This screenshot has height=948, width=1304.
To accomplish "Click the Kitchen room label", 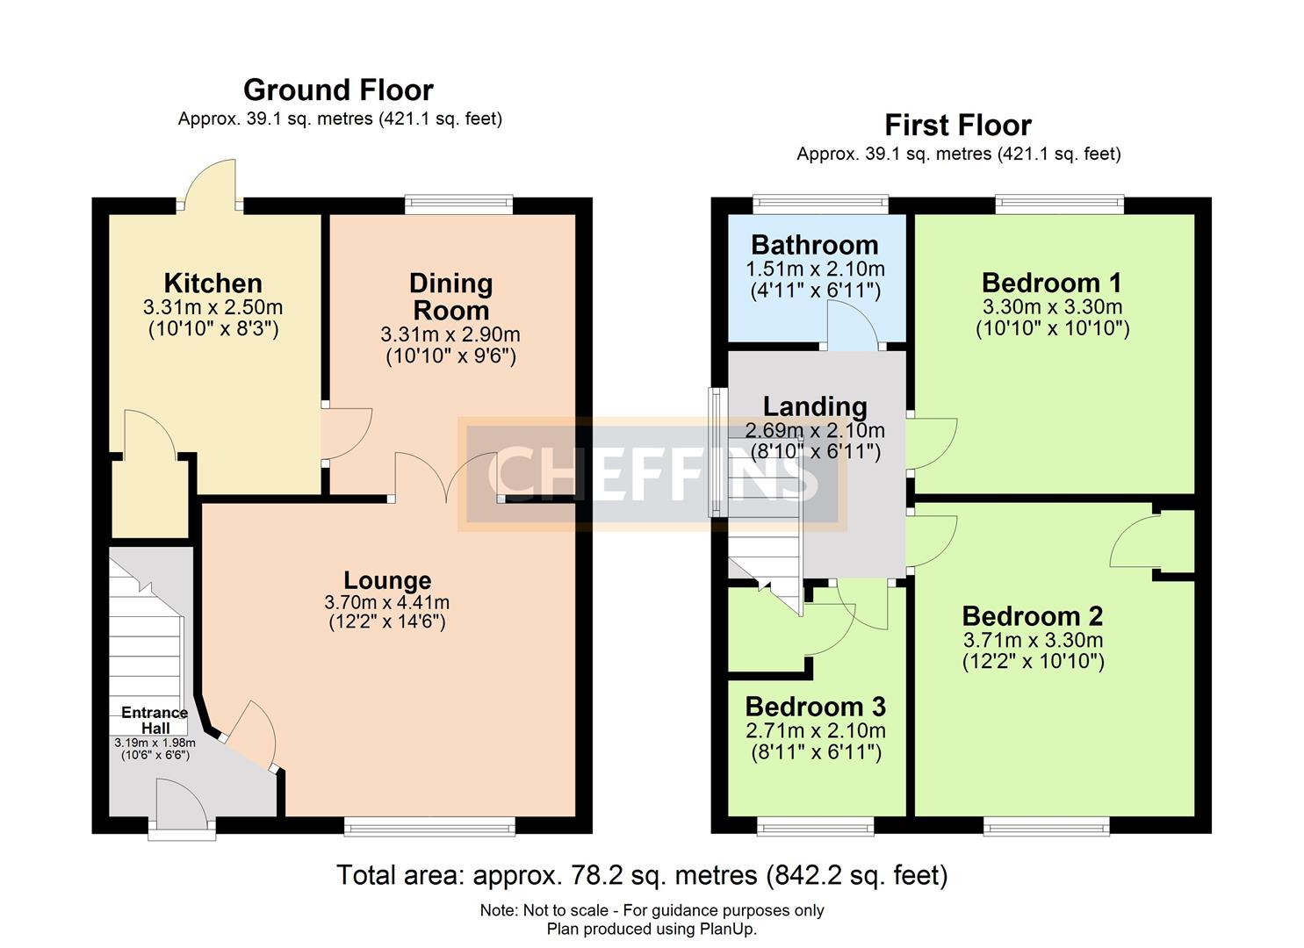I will (213, 284).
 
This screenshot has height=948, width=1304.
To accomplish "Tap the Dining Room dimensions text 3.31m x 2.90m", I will (450, 334).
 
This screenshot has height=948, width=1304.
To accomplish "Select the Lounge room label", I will (387, 580).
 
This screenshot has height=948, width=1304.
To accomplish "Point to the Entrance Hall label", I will (155, 720).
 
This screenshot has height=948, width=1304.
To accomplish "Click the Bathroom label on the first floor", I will (814, 245).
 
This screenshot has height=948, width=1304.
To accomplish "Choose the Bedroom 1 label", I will (1051, 283).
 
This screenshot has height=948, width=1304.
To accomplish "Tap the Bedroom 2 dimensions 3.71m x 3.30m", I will (1033, 640).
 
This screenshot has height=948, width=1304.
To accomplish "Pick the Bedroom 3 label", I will (815, 707).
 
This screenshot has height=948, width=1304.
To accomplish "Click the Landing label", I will (815, 406).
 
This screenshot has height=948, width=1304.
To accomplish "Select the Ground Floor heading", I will (338, 90).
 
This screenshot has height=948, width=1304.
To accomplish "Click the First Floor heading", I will (957, 126).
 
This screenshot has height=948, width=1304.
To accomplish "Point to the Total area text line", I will (642, 875).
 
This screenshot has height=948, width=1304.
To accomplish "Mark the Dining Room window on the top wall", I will (458, 205).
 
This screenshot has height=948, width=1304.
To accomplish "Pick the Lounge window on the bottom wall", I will (429, 825).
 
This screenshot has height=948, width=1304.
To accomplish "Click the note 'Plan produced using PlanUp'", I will (652, 929).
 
